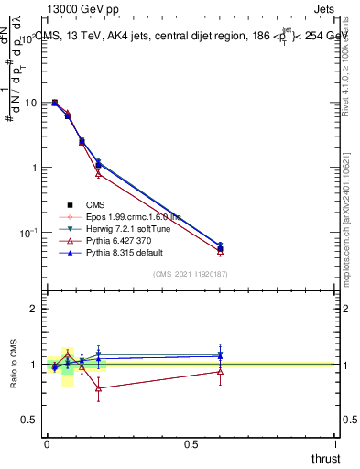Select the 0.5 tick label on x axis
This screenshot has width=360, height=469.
[x=191, y=444]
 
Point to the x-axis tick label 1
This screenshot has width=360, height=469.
[x=335, y=444]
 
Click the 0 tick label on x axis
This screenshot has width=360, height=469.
[x=47, y=444]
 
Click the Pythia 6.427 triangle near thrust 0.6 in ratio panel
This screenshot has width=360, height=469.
[x=220, y=371]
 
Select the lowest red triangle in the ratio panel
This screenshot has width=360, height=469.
[x=99, y=388]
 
